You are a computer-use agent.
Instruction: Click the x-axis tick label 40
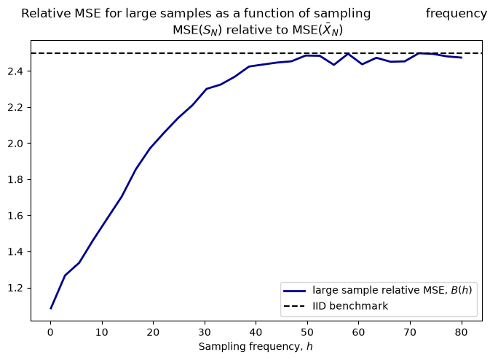[x=256, y=332]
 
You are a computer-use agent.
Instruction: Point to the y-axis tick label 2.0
[x=15, y=144]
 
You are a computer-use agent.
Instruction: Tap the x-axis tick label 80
[x=461, y=332]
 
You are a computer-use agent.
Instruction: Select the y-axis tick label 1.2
[x=15, y=288]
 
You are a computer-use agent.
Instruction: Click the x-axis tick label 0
[x=50, y=332]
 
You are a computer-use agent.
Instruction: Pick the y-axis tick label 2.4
[x=15, y=71]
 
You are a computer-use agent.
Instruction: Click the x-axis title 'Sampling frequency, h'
[x=256, y=346]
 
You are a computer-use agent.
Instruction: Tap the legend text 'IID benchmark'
[x=350, y=306]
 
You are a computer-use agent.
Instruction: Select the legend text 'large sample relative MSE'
[x=380, y=290]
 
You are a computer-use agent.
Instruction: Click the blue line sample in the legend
[x=294, y=291]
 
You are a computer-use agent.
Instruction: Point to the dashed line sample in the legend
[x=294, y=306]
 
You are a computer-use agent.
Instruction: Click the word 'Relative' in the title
[x=47, y=13]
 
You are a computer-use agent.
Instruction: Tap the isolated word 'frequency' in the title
[x=456, y=14]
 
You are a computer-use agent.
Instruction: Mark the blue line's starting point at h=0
[x=50, y=308]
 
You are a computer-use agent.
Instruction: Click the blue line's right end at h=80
[x=462, y=58]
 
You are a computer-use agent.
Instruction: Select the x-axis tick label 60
[x=358, y=332]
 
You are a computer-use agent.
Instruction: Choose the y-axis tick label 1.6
[x=15, y=216]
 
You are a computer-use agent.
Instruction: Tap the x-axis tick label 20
[x=153, y=332]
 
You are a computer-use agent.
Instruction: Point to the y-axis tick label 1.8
[x=15, y=180]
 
